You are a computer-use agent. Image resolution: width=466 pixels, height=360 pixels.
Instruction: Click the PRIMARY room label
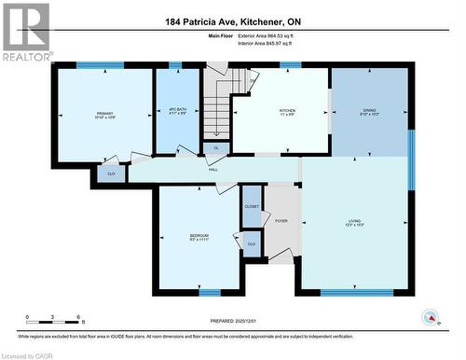pyautogui.click(x=104, y=115)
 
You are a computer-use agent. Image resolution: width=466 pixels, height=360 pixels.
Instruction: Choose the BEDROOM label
pyautogui.click(x=199, y=235)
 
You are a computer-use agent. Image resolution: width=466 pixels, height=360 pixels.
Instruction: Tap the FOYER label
pyautogui.click(x=281, y=221)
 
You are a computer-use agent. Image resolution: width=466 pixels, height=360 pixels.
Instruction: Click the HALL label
pyautogui.click(x=213, y=169)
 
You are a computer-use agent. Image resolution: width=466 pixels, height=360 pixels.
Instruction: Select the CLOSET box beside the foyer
pyautogui.click(x=252, y=206)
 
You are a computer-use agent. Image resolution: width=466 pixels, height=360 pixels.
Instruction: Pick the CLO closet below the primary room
pyautogui.click(x=110, y=173)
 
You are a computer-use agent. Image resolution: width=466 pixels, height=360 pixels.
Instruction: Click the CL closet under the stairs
pyautogui.click(x=216, y=147)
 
